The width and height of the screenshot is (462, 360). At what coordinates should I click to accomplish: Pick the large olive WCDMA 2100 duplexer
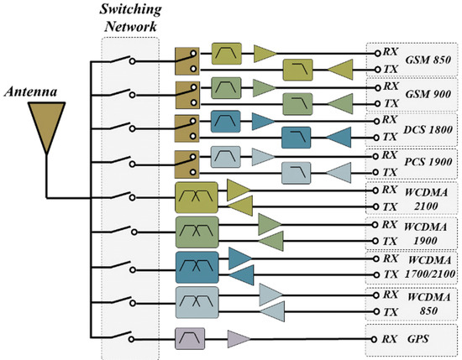(195, 198)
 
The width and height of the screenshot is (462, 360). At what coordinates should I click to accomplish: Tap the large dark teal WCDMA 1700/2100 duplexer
(196, 265)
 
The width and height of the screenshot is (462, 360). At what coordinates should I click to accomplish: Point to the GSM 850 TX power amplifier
(339, 70)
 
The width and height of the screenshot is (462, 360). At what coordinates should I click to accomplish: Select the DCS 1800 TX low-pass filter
(296, 136)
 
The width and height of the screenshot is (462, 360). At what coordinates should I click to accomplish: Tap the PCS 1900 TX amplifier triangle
(339, 173)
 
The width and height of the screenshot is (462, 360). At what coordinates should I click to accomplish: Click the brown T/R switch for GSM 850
(186, 60)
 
